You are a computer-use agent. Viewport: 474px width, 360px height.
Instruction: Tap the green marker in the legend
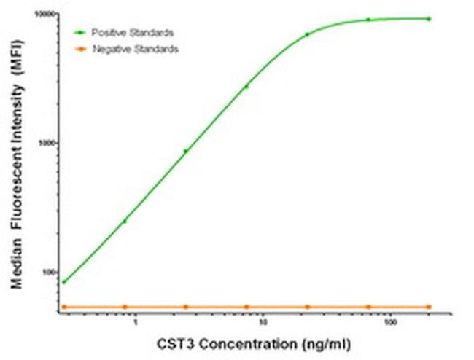click(x=81, y=33)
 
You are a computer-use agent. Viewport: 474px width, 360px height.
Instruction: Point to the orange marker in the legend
click(x=81, y=49)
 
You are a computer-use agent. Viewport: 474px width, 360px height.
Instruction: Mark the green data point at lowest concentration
click(x=64, y=282)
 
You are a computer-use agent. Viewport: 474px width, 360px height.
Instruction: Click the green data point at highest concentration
click(x=429, y=19)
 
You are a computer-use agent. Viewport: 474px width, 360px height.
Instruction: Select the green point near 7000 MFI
click(x=307, y=34)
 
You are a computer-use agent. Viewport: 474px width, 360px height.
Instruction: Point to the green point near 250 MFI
click(x=125, y=221)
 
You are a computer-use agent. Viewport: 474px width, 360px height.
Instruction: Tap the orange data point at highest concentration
click(x=429, y=307)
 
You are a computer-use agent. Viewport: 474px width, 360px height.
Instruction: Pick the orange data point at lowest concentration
click(x=64, y=307)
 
